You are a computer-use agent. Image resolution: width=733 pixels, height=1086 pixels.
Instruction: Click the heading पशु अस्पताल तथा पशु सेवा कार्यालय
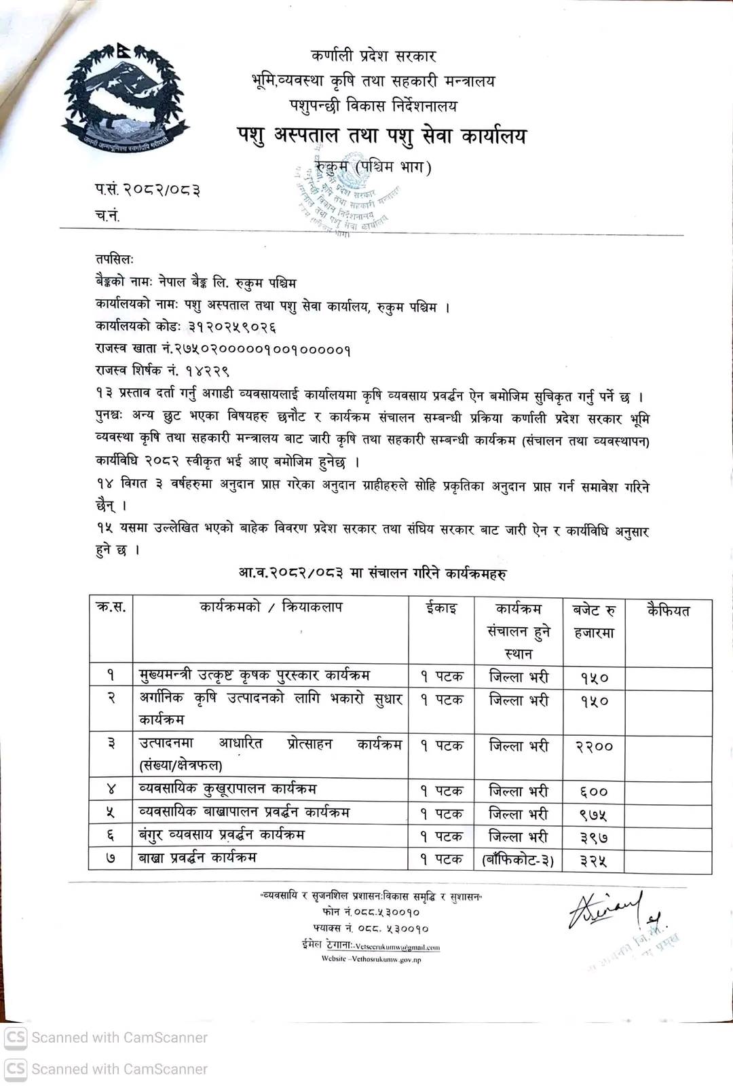[x=381, y=136]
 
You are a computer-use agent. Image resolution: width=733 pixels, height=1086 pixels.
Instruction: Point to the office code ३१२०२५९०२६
[x=232, y=327]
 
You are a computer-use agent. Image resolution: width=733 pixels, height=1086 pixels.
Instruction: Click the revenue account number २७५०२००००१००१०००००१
[x=262, y=350]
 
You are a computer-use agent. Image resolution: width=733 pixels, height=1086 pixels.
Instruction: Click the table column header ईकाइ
[x=441, y=608]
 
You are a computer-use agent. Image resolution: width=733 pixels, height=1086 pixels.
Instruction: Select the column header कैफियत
[x=669, y=610]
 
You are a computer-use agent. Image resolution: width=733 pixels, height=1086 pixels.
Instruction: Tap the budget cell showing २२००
[x=594, y=747]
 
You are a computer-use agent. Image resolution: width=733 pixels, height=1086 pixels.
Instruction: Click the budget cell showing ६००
[x=594, y=791]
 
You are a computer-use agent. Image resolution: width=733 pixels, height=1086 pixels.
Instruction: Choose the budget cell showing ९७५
[x=594, y=814]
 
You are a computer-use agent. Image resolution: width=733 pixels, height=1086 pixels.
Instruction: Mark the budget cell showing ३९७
[x=594, y=838]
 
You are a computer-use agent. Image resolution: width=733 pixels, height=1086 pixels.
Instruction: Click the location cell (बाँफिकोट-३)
[x=518, y=861]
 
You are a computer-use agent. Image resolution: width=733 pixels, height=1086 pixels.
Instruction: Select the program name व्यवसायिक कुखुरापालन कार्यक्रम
[x=227, y=789]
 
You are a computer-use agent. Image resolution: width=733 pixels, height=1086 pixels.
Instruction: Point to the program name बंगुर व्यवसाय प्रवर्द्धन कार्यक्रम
[x=221, y=834]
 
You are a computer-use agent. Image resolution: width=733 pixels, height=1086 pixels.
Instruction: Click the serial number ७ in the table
[x=111, y=859]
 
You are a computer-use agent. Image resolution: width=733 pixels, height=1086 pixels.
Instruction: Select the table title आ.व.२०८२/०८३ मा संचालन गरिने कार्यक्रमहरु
[x=373, y=574]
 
